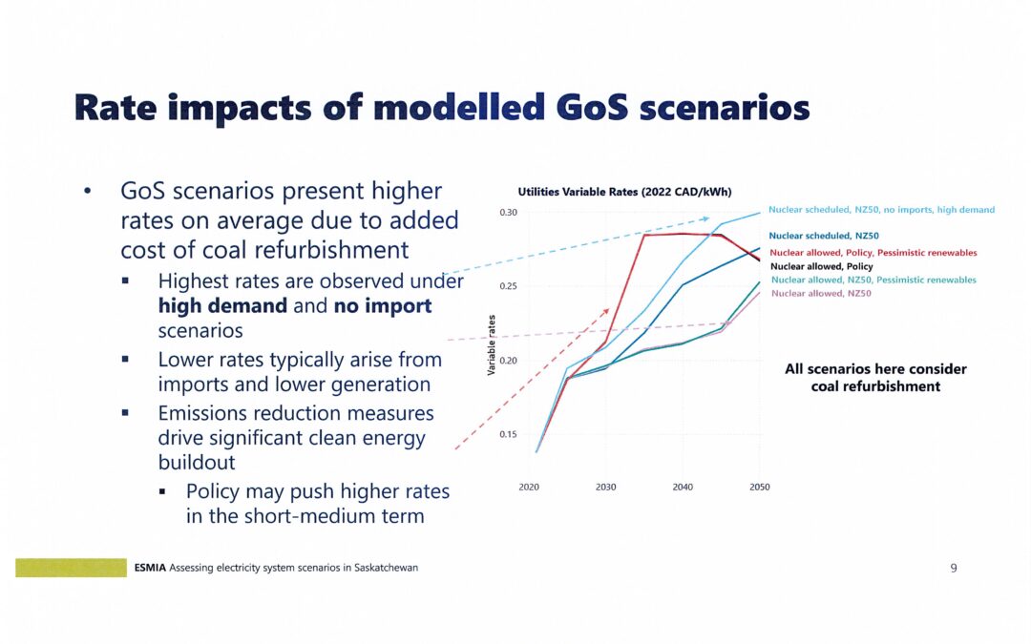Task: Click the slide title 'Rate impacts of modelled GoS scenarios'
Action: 442,108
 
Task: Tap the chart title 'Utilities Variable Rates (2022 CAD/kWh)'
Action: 624,192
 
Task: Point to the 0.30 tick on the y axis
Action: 508,213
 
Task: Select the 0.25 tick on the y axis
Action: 508,286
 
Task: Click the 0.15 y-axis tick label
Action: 508,434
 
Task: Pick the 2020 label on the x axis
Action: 529,488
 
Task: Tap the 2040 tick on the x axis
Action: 683,488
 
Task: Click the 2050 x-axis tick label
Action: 759,488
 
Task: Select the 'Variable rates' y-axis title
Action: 492,343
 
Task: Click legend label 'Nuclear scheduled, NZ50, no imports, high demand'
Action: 881,210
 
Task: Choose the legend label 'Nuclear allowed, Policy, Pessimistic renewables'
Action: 873,253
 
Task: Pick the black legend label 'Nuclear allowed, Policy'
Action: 821,266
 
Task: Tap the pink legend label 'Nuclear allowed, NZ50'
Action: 821,294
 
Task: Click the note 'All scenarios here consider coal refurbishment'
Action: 874,378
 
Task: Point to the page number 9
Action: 953,569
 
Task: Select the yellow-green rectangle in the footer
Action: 71,568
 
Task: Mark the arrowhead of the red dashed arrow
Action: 606,311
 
